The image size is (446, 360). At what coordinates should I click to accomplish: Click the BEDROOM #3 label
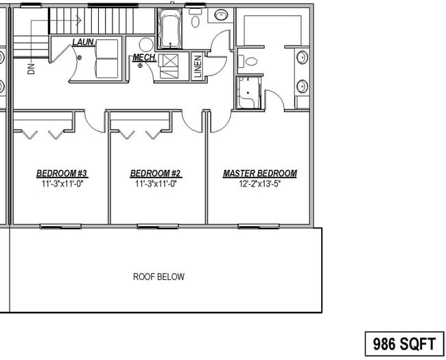(60, 173)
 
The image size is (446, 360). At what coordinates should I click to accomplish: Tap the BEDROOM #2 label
(155, 173)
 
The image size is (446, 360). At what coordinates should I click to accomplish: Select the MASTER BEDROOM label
(260, 173)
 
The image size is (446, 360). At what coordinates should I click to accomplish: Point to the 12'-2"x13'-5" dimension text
(260, 184)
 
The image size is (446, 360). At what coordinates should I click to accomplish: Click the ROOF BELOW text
(159, 277)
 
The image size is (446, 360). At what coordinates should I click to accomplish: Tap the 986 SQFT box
(404, 342)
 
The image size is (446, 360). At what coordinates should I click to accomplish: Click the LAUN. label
(83, 43)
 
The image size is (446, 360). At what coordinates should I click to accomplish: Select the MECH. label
(143, 58)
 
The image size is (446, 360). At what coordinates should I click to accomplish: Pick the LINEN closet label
(198, 67)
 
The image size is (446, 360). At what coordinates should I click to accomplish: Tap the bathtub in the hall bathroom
(169, 29)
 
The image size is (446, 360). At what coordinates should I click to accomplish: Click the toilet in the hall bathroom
(196, 21)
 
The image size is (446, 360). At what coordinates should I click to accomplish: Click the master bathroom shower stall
(248, 93)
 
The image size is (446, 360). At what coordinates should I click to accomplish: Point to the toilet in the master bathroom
(251, 61)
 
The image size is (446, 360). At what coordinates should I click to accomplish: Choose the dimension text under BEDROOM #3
(60, 184)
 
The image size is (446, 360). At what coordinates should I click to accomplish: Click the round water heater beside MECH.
(148, 67)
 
